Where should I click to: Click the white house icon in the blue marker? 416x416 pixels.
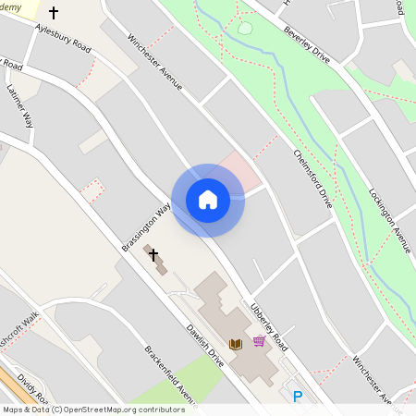(208, 199)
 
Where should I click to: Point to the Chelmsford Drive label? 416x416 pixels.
(312, 177)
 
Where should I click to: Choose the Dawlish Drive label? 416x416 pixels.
(205, 332)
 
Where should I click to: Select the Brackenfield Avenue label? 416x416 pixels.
(171, 375)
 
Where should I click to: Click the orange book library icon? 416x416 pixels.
(236, 344)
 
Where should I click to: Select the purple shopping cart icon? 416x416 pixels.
(259, 341)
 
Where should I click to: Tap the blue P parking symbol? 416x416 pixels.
(297, 397)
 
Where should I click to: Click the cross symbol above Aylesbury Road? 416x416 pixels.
(53, 13)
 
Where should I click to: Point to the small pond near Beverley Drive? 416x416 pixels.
(245, 28)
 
